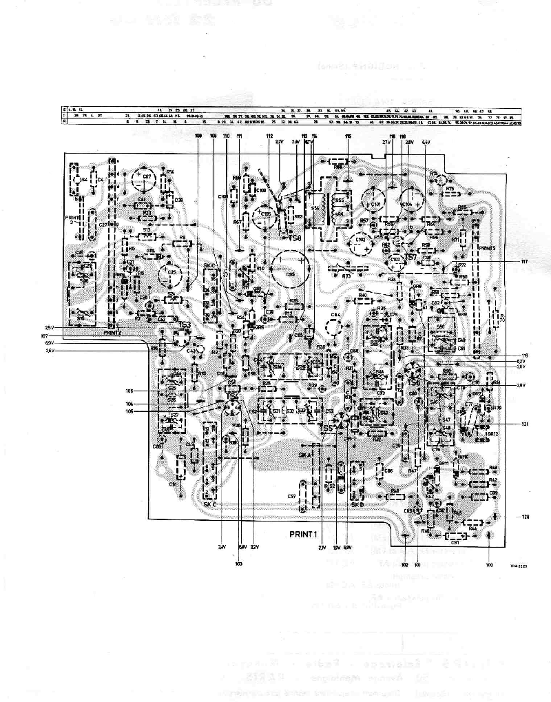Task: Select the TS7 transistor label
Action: (411, 256)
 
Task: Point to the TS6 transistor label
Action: (413, 382)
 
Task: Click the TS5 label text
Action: (326, 429)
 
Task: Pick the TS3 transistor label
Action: (185, 324)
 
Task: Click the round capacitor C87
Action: (146, 181)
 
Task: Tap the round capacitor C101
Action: (375, 204)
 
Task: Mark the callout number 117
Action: (525, 261)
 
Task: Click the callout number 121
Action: (524, 423)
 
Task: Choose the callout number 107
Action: (45, 335)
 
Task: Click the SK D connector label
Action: (357, 504)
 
